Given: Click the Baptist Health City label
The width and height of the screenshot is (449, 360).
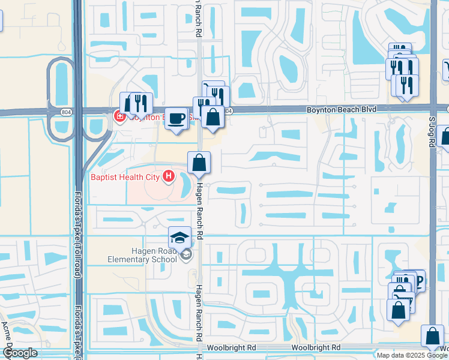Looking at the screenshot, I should point(125,177).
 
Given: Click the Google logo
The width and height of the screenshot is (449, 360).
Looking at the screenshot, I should point(20,353).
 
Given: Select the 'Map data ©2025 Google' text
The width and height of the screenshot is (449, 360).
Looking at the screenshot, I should point(412,355).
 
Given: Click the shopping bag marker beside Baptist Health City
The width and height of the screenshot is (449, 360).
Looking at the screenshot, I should point(199,163).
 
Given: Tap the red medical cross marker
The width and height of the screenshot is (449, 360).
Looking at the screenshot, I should point(119,117).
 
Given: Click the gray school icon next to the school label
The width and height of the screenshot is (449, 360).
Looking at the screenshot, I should point(187,255).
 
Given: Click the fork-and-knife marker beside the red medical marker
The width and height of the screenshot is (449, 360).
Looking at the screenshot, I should point(140,103).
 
